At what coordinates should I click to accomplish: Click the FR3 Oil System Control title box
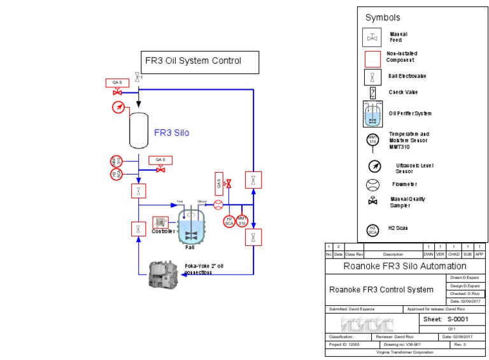(x=199, y=62)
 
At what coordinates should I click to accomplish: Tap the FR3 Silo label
(x=171, y=133)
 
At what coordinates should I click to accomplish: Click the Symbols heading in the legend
(x=383, y=18)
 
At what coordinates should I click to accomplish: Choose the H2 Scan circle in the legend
(x=372, y=230)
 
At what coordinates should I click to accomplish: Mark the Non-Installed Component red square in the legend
(x=372, y=59)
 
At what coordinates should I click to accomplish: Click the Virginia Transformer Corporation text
(x=404, y=352)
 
